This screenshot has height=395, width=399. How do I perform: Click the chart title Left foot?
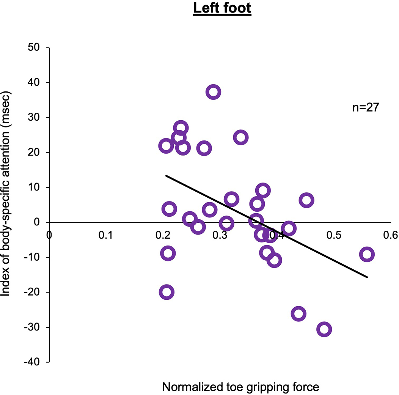pyautogui.click(x=222, y=8)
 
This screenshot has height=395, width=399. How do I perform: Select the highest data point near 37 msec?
pyautogui.click(x=214, y=92)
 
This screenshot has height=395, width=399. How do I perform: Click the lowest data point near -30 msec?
pyautogui.click(x=324, y=329)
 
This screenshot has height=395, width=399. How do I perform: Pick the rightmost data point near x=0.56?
pyautogui.click(x=367, y=254)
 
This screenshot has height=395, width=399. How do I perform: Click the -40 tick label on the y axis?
pyautogui.click(x=35, y=362)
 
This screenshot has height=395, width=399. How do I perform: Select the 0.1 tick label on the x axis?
pyautogui.click(x=106, y=235)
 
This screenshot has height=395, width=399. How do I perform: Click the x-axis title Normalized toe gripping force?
pyautogui.click(x=240, y=387)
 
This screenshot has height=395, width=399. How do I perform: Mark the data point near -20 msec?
pyautogui.click(x=167, y=292)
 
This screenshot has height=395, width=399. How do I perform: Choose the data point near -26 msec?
pyautogui.click(x=298, y=313)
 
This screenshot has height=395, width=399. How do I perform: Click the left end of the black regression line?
pyautogui.click(x=166, y=175)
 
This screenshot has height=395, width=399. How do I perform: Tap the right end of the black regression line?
pyautogui.click(x=367, y=277)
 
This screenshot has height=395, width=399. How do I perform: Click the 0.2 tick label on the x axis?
pyautogui.click(x=163, y=235)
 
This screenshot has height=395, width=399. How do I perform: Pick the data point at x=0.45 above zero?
pyautogui.click(x=306, y=200)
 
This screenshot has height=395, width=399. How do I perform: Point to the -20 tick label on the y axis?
pyautogui.click(x=35, y=292)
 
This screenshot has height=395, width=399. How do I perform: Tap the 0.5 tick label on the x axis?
pyautogui.click(x=334, y=235)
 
